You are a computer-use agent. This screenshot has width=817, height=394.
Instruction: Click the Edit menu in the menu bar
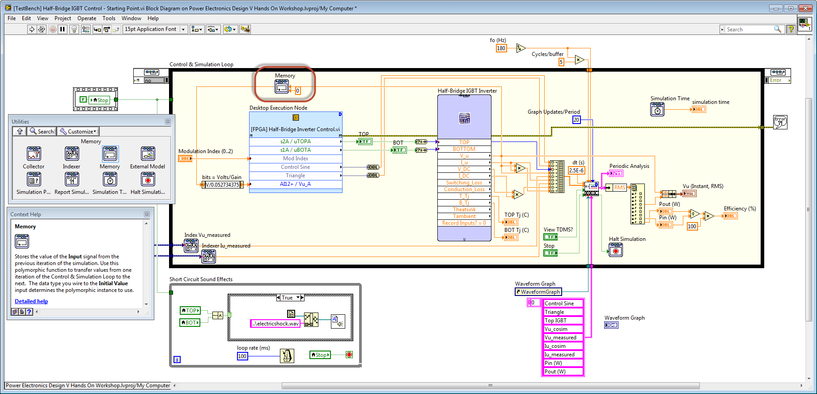26,18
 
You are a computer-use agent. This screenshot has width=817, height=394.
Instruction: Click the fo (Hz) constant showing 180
501,48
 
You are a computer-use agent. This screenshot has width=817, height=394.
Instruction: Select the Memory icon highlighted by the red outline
281,87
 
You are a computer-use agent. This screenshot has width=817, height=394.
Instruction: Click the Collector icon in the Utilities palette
34,154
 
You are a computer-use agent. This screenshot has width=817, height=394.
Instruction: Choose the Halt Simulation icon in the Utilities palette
148,180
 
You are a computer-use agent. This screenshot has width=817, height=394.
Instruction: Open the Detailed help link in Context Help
31,301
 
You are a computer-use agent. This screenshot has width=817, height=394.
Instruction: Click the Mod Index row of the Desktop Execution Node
295,158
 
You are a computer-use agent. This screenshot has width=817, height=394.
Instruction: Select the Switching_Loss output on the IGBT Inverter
464,183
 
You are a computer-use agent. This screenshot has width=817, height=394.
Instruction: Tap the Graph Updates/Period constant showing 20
576,120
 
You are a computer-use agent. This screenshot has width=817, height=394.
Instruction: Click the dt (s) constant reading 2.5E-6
576,171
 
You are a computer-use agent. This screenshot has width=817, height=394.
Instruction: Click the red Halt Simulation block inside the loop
616,250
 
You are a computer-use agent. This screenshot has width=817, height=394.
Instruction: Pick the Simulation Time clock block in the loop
657,109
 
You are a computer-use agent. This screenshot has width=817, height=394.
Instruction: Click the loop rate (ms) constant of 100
242,356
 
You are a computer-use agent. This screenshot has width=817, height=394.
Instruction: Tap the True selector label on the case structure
287,298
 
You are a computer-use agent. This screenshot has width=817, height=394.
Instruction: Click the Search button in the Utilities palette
42,132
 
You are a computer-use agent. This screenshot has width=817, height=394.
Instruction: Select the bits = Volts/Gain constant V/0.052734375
222,185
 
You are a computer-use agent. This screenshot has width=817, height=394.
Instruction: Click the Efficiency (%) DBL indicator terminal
730,216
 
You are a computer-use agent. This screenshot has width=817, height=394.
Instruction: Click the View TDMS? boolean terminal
550,237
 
